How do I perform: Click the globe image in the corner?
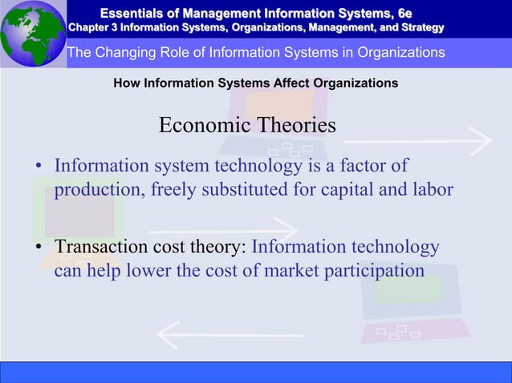(31, 33)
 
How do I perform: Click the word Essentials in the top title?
(136, 11)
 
